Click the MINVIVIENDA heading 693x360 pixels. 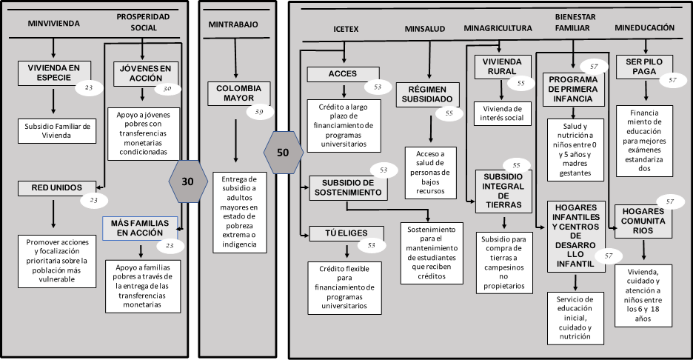click(x=53, y=23)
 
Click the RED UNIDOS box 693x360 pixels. click(x=50, y=187)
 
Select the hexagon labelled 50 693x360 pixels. click(x=283, y=153)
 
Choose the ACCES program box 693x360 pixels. click(x=343, y=73)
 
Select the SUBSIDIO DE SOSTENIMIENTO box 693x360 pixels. click(x=347, y=187)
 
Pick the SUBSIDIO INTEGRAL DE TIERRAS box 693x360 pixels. click(x=504, y=191)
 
